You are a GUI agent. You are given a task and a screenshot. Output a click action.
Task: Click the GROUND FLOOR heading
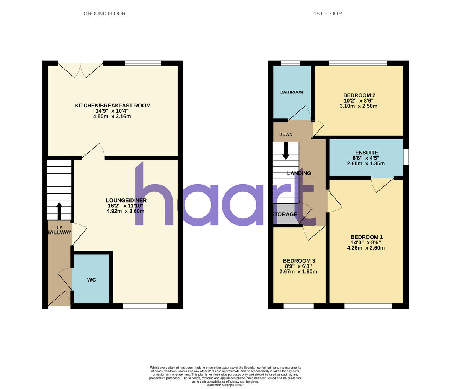pos(104,14)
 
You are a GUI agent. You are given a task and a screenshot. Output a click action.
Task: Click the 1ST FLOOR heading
pos(328,14)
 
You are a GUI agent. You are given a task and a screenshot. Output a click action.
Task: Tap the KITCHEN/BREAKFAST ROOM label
pos(113,106)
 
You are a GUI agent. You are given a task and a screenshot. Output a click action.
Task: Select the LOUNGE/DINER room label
pos(126,200)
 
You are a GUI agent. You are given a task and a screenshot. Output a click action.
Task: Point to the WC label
pos(92,280)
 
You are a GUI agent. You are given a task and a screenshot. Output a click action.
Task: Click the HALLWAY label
pos(59,233)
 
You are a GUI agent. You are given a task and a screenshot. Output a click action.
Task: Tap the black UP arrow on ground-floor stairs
pos(59,211)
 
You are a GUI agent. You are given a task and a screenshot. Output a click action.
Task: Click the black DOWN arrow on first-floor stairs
pos(286,151)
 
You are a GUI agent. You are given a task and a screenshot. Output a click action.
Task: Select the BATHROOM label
pos(292,92)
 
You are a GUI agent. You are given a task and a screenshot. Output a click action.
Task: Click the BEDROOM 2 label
pos(359,95)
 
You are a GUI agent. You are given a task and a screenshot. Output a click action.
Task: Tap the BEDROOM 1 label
pos(366,237)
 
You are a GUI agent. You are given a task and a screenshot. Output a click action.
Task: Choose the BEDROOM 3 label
pos(299,261)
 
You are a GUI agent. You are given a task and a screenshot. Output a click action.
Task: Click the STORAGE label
pos(285,215)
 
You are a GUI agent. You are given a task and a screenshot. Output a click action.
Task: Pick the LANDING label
pos(299,173)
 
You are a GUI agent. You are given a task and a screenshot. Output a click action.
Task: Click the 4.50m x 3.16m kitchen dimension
pos(112,117)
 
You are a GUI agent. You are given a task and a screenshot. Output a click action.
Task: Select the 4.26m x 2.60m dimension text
pos(366,248)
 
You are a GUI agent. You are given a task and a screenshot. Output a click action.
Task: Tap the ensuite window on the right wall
pos(406,157)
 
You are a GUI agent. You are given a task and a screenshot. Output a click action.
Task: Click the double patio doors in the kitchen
pos(80,70)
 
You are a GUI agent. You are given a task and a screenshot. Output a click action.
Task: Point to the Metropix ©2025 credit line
pos(225,385)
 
